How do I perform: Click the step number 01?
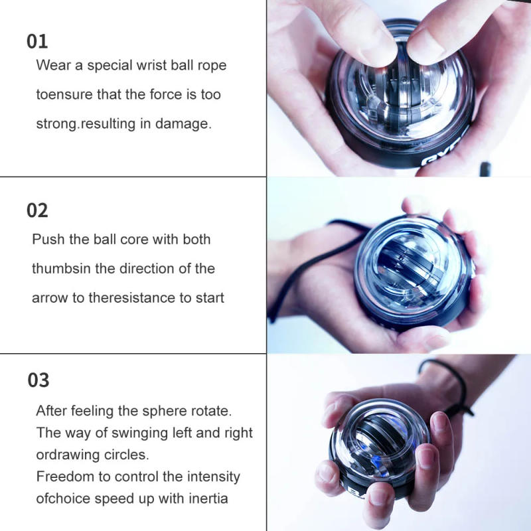point(37,41)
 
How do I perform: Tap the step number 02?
point(37,211)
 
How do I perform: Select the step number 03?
point(38,380)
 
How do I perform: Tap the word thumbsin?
point(63,268)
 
